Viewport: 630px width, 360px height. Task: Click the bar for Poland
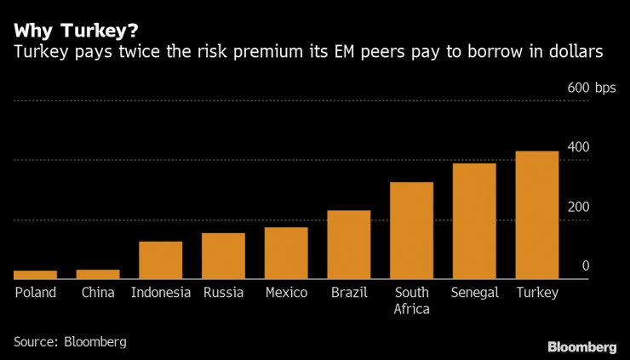(35, 274)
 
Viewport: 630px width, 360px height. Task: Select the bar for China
(98, 274)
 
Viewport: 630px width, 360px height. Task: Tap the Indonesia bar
(161, 260)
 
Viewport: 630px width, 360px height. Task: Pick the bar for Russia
(223, 255)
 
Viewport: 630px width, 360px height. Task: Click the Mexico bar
(286, 253)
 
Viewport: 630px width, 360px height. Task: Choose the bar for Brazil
(349, 244)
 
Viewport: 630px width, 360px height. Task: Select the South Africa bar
(412, 230)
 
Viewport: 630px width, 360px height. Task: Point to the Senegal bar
(474, 220)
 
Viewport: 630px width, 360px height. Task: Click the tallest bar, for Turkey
(537, 214)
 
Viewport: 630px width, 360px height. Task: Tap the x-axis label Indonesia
(161, 293)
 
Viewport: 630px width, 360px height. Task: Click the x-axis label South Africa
(412, 300)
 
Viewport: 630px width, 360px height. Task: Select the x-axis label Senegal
(474, 293)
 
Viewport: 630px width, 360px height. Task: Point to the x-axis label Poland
(35, 293)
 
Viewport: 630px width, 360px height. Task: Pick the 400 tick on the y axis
(579, 147)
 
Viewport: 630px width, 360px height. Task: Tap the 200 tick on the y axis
(579, 207)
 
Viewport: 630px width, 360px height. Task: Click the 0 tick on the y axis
(585, 266)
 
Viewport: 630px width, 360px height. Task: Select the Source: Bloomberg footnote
(70, 341)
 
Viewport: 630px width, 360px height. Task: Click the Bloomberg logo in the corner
(582, 346)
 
